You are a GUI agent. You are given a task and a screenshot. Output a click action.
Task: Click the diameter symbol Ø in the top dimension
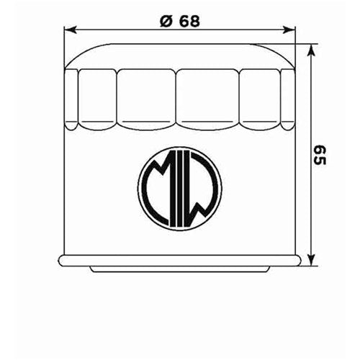coord(164,21)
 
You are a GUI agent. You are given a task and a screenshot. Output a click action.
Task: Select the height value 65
coord(321,153)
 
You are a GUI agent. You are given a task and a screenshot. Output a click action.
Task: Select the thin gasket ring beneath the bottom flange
coord(179,269)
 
